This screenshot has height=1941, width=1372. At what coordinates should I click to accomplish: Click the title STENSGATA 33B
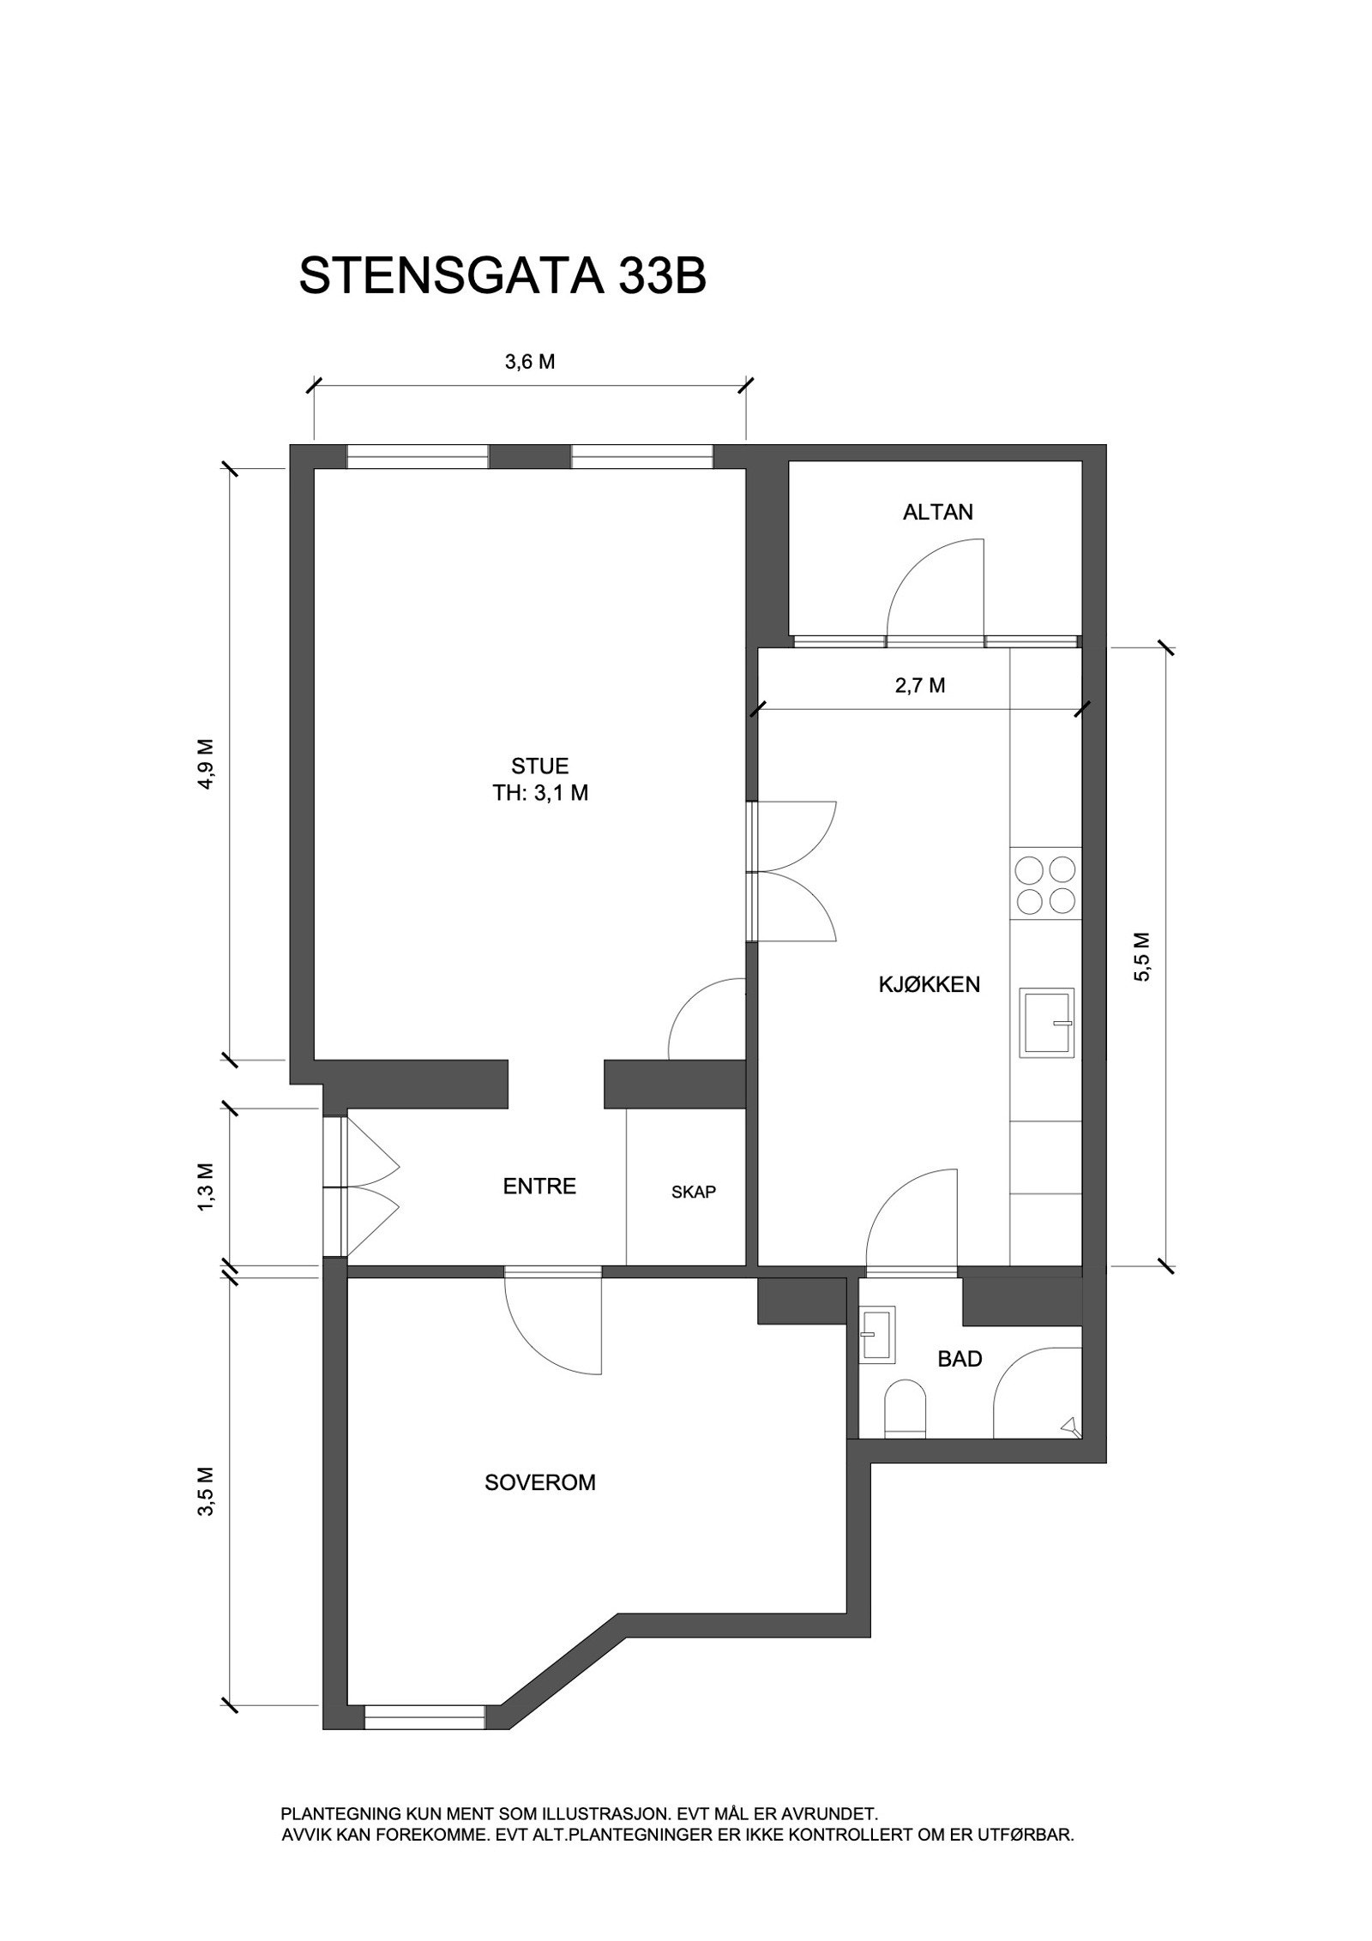[502, 277]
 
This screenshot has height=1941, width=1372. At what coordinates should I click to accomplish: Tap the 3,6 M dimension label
[529, 362]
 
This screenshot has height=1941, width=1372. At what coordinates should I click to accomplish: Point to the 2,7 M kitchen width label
[919, 685]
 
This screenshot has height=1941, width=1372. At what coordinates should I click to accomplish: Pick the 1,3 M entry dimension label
[207, 1187]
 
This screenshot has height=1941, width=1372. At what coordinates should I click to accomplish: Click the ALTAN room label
[937, 513]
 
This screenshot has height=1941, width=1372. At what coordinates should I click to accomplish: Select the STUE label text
[539, 766]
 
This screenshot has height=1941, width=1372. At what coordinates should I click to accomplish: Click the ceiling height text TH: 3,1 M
[539, 793]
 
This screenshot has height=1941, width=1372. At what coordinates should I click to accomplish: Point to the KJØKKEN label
[929, 984]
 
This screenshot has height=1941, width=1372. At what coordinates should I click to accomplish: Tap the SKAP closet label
[693, 1192]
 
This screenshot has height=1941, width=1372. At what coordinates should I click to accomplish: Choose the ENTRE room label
[539, 1187]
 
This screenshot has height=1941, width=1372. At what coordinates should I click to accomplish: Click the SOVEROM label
[539, 1482]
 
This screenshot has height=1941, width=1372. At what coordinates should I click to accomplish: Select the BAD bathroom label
[960, 1358]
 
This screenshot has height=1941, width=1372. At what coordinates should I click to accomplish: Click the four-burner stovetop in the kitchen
[1044, 885]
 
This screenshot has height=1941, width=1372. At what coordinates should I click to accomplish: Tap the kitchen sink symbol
[1045, 1023]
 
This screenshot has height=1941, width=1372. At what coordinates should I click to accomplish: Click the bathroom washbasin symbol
[878, 1333]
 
